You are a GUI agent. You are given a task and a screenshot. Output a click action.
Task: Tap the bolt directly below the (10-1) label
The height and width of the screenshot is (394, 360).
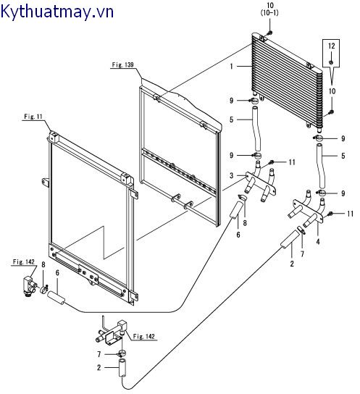269,33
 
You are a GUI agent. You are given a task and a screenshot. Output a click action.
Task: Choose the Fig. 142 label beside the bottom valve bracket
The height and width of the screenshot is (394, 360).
144,336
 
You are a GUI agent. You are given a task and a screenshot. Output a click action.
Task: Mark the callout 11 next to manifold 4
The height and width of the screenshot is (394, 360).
348,214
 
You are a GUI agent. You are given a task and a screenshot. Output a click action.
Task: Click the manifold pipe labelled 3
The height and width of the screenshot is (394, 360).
257,181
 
